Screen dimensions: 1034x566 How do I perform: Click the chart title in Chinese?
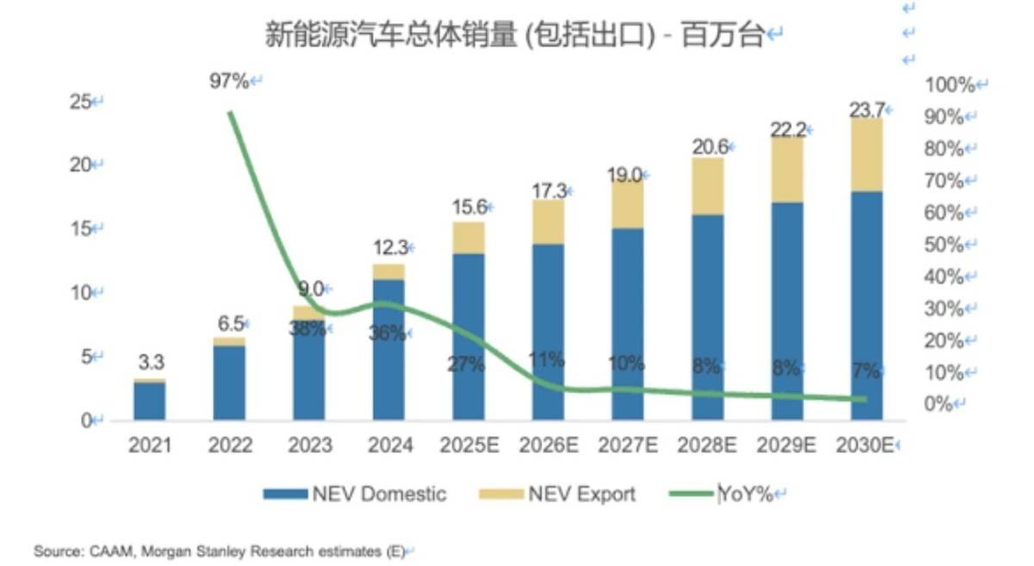pyautogui.click(x=514, y=34)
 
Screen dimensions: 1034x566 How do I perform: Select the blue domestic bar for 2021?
pyautogui.click(x=150, y=401)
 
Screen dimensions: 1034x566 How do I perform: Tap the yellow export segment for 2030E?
pyautogui.click(x=867, y=155)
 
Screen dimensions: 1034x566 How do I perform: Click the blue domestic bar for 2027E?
pyautogui.click(x=628, y=324)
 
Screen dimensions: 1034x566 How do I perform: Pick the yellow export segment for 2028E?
pyautogui.click(x=707, y=186)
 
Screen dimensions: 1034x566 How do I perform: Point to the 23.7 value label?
pyautogui.click(x=867, y=110)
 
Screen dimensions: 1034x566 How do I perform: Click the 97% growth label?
pyautogui.click(x=229, y=81)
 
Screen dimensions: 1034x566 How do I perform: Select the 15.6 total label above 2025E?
pyautogui.click(x=469, y=207)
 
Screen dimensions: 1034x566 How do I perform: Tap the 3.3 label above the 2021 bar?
pyautogui.click(x=152, y=362)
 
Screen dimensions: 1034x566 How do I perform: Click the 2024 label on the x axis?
pyautogui.click(x=390, y=445)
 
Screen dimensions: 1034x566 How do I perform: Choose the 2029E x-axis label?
pyautogui.click(x=786, y=445)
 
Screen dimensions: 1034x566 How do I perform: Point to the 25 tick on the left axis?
pyautogui.click(x=80, y=102)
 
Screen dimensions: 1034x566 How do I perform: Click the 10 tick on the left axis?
pyautogui.click(x=80, y=293)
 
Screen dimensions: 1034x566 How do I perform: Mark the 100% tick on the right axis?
pyautogui.click(x=950, y=85)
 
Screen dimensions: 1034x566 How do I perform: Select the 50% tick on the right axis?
pyautogui.click(x=944, y=245)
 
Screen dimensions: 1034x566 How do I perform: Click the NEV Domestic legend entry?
pyautogui.click(x=354, y=494)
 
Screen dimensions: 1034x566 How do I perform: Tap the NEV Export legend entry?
pyautogui.click(x=557, y=494)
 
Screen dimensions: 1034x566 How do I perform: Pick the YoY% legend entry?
pyautogui.click(x=721, y=494)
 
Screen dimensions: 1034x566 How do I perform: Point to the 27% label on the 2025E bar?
pyautogui.click(x=466, y=364)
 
